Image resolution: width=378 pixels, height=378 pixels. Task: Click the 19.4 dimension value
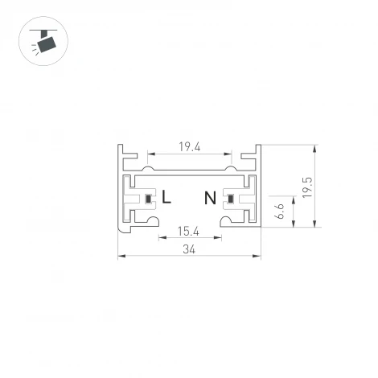tap(190, 147)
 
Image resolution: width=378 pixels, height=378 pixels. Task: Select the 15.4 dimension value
tap(189, 232)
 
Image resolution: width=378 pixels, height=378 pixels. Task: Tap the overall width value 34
tap(189, 250)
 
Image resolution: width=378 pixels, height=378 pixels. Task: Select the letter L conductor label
tap(166, 197)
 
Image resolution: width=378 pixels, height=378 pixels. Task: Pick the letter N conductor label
tap(210, 197)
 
